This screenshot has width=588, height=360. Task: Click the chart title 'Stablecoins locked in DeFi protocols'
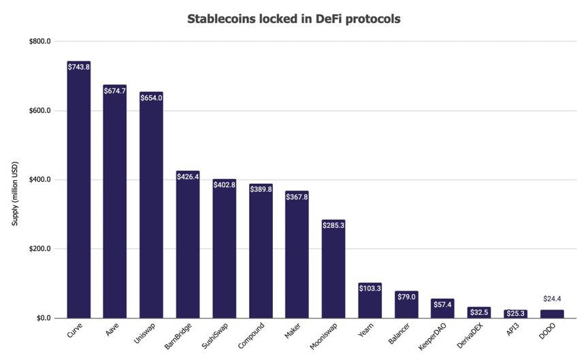pos(294,19)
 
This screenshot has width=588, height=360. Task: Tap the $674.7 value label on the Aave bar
pos(115,91)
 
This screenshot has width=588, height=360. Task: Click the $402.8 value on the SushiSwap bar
pos(224,184)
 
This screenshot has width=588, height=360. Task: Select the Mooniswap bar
pos(333,272)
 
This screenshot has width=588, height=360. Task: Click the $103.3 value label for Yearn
pos(370,289)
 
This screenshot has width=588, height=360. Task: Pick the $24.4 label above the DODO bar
pos(552,299)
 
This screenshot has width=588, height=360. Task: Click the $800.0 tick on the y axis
pos(40,42)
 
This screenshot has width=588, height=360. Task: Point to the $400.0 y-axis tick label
pos(40,180)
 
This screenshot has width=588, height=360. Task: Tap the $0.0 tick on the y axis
pos(44,318)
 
